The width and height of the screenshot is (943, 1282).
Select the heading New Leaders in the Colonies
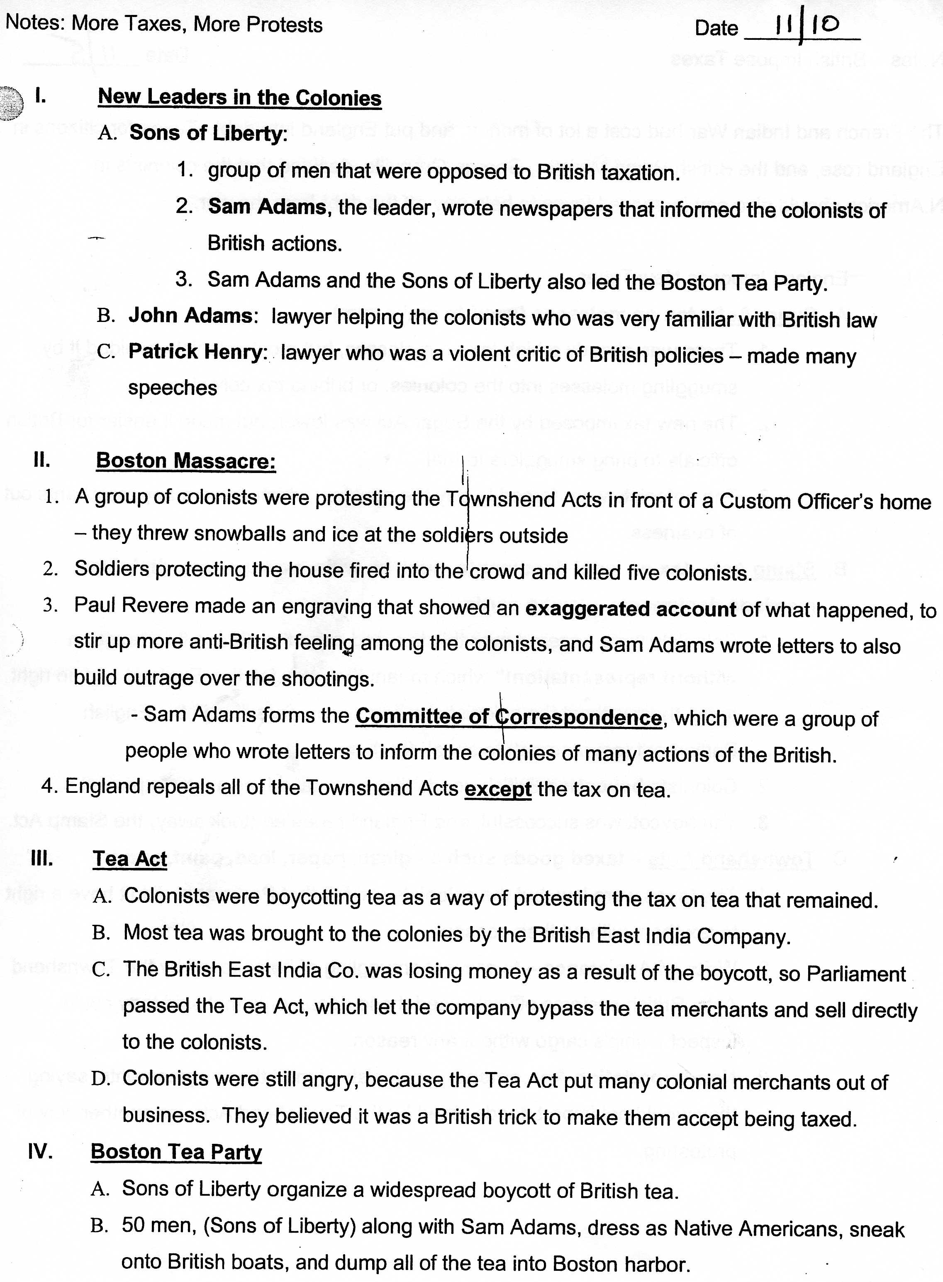(x=239, y=97)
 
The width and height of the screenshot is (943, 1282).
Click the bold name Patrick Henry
(x=197, y=352)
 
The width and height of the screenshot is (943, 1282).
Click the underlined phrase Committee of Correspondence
(x=509, y=717)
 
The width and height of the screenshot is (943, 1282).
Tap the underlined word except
(x=498, y=790)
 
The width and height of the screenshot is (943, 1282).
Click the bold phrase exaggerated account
(x=631, y=609)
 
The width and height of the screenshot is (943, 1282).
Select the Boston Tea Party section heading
(x=176, y=1151)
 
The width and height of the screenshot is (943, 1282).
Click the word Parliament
(x=856, y=973)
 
